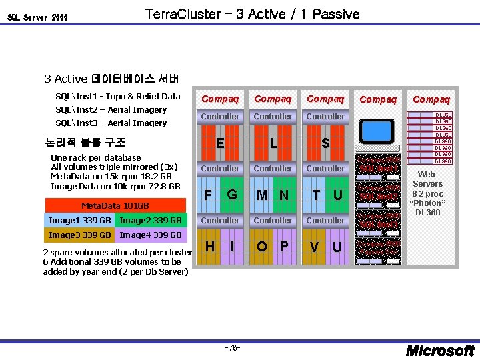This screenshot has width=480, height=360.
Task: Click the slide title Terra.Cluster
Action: (x=251, y=14)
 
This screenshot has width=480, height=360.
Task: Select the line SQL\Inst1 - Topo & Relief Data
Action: (x=117, y=96)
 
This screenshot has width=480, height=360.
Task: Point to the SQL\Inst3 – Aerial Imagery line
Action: (x=111, y=123)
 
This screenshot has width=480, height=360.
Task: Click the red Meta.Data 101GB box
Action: (x=114, y=205)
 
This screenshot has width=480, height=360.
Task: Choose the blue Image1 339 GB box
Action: (x=80, y=220)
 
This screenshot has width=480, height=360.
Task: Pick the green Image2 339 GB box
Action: (x=151, y=220)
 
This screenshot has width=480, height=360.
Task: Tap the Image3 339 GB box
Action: (x=80, y=235)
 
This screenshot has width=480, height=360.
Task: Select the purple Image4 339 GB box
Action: (x=151, y=235)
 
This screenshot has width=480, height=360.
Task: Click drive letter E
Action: (x=220, y=143)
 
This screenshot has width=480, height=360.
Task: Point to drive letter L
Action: (x=273, y=143)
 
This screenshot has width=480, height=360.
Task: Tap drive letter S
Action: (x=325, y=143)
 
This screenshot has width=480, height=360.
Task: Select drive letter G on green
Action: (x=231, y=195)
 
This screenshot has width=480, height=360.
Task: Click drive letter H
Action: (x=209, y=247)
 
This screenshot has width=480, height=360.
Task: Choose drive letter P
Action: (x=284, y=247)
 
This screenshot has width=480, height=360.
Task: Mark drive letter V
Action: (x=314, y=247)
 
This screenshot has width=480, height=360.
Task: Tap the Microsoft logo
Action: (x=441, y=350)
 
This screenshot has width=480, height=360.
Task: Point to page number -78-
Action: (x=232, y=348)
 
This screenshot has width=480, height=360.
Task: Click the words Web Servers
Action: (x=427, y=179)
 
